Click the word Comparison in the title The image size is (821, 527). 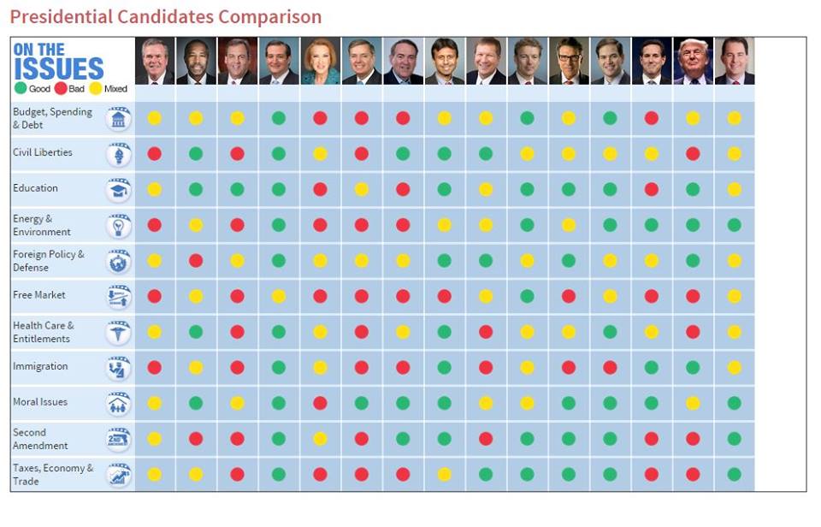[270, 16]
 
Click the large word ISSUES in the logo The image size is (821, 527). [58, 68]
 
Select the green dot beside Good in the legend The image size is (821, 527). [21, 88]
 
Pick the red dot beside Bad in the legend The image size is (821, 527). [61, 88]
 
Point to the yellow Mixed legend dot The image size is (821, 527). [96, 88]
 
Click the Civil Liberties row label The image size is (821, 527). [43, 153]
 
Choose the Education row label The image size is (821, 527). [36, 188]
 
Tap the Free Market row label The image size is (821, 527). [39, 295]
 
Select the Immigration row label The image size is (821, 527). [40, 366]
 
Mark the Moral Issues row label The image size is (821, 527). [40, 402]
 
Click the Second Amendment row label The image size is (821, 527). [40, 439]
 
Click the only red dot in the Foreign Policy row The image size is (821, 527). [196, 260]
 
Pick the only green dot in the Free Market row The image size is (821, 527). [527, 296]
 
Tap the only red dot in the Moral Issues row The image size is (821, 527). [320, 403]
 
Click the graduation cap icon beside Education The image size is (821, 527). [119, 190]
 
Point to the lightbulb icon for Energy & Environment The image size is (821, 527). [119, 226]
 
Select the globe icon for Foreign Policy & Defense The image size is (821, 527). [119, 261]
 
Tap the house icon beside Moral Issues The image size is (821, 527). [119, 404]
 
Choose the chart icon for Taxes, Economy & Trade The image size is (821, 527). [119, 475]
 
